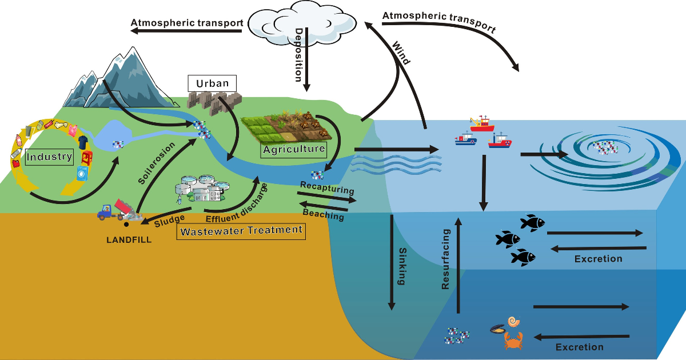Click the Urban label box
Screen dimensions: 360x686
tap(212, 83)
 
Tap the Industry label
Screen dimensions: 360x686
tap(50, 156)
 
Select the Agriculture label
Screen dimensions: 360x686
tap(294, 150)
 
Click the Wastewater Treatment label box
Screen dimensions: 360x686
tap(241, 231)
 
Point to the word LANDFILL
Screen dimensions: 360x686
tap(129, 240)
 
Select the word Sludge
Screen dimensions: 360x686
tap(172, 219)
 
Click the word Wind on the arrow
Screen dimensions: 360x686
tap(401, 52)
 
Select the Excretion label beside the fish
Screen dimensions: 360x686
tap(598, 259)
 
